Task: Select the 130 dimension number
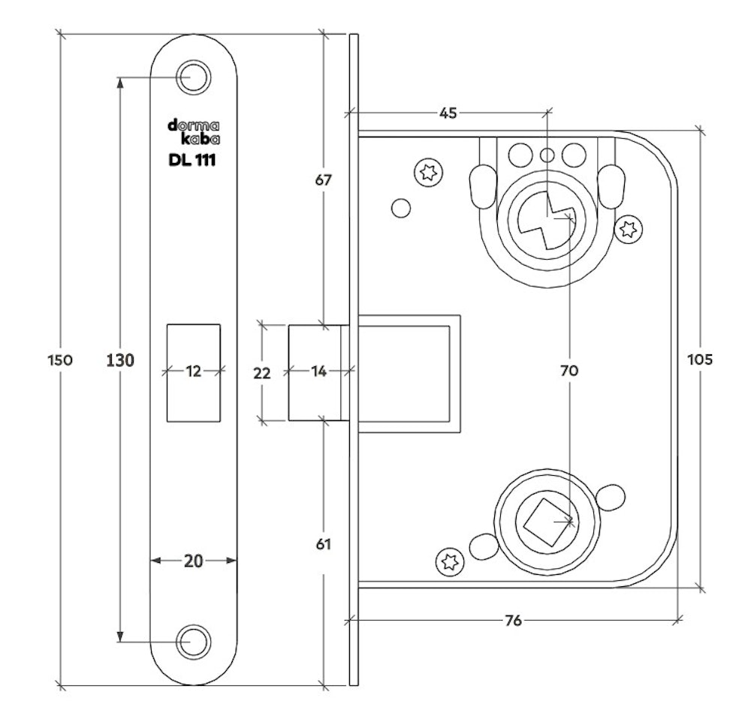coord(119,360)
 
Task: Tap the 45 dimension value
coord(448,113)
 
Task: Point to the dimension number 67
coord(323,180)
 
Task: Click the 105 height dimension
coord(700,359)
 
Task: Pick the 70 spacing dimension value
coord(570,370)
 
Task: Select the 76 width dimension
coord(514,620)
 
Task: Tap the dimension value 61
coord(323,543)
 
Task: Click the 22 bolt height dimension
coord(261,372)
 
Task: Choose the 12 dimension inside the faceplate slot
coord(194,370)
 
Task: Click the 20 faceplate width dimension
coord(194,560)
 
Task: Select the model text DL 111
coord(193,159)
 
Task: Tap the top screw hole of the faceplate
coord(193,77)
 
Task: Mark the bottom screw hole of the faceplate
coord(193,642)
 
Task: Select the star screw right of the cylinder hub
coord(628,229)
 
